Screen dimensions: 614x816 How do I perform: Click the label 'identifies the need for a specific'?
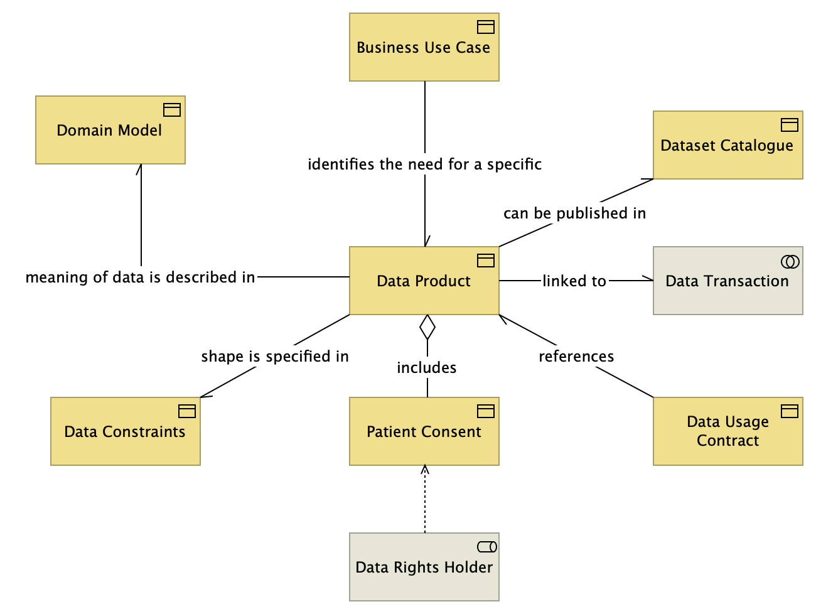424,164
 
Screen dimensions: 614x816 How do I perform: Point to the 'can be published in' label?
574,213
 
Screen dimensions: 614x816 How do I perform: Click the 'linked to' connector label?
574,281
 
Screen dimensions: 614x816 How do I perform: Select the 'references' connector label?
576,357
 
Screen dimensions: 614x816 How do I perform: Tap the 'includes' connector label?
427,367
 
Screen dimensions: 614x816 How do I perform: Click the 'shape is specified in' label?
275,357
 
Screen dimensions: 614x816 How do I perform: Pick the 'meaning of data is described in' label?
141,277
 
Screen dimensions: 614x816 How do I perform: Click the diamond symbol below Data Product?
427,327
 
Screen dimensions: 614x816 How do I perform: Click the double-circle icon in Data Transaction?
790,262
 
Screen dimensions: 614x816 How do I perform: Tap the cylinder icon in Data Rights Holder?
487,547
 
